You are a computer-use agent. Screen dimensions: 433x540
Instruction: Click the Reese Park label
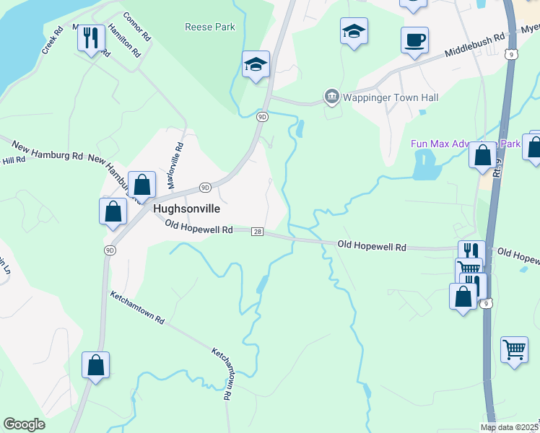click(210, 27)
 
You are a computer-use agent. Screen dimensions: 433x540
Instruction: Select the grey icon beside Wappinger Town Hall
click(331, 96)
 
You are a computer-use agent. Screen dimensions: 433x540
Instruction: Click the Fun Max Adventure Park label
click(466, 144)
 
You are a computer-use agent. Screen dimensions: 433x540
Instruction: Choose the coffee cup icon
click(415, 40)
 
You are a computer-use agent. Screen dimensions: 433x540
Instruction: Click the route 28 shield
click(257, 232)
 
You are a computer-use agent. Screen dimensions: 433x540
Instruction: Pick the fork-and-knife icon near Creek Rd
click(91, 37)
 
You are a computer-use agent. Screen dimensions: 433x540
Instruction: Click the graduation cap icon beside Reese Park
click(256, 64)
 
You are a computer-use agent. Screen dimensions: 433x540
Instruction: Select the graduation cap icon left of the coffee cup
click(354, 32)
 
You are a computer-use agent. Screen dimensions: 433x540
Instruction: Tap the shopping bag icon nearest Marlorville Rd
click(142, 185)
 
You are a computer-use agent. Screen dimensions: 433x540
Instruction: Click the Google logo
click(25, 424)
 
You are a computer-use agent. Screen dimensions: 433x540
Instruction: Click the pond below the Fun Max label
click(426, 168)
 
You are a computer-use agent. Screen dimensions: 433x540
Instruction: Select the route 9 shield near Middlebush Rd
click(511, 54)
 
